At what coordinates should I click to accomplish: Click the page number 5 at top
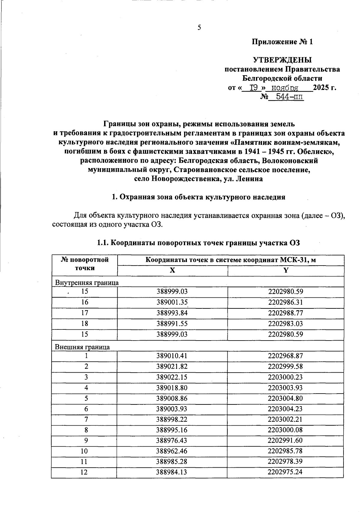tap(199, 28)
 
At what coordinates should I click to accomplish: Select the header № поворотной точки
tap(85, 263)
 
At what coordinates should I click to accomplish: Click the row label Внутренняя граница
tap(87, 282)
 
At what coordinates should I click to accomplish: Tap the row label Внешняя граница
tap(82, 347)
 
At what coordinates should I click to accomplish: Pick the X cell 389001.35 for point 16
tap(172, 302)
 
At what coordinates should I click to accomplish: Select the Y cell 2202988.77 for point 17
tap(285, 313)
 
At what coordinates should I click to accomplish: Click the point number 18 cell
tap(85, 324)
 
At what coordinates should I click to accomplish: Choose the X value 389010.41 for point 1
tap(172, 356)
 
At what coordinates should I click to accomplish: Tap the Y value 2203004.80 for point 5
tap(285, 398)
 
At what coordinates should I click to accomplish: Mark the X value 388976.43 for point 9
tap(172, 440)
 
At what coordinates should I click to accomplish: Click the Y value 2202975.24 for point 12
tap(285, 472)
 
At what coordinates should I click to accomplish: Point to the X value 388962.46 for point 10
tap(172, 451)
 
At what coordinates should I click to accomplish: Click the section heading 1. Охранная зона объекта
tap(198, 197)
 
